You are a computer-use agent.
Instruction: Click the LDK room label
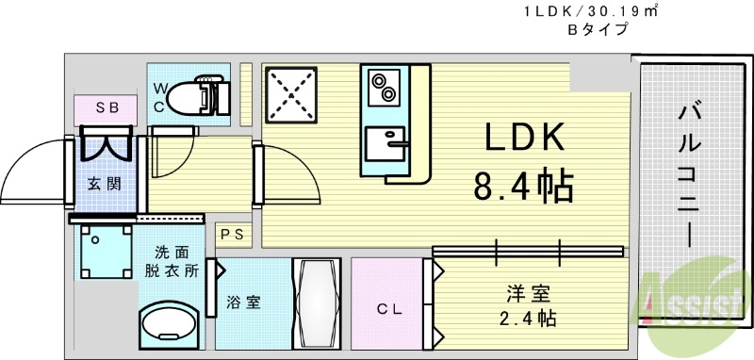pyautogui.click(x=524, y=139)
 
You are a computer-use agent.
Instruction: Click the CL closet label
pyautogui.click(x=389, y=307)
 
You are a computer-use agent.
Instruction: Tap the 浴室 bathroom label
pyautogui.click(x=243, y=303)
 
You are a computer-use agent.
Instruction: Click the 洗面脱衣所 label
pyautogui.click(x=177, y=261)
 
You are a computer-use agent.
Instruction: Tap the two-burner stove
pyautogui.click(x=383, y=87)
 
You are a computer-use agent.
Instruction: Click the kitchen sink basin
pyautogui.click(x=385, y=146)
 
